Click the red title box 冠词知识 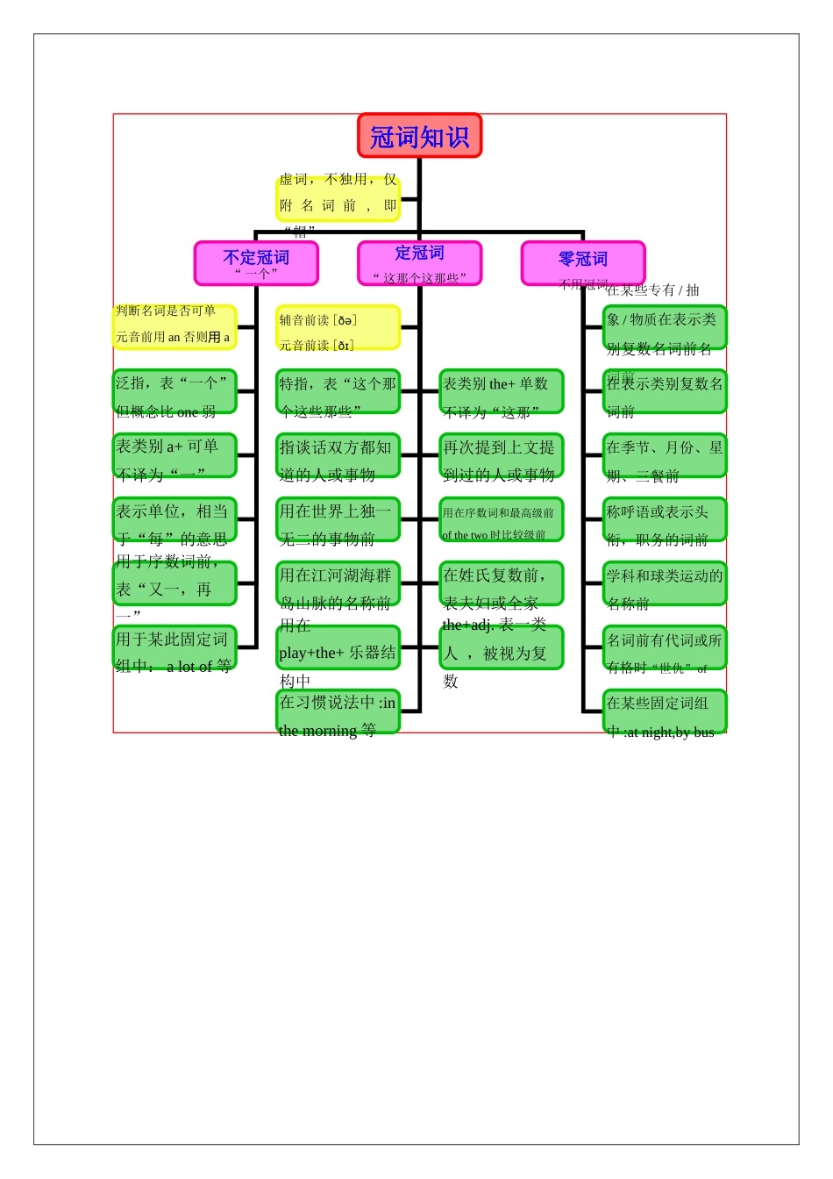click(x=419, y=136)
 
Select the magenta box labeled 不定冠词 click(x=256, y=263)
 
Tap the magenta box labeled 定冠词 click(x=419, y=263)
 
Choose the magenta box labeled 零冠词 click(x=583, y=263)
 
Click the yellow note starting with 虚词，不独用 click(x=338, y=198)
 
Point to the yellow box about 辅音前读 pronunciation click(x=338, y=327)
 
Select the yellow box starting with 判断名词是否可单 click(x=174, y=327)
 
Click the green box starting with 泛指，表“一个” click(x=174, y=391)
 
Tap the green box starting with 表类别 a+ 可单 click(x=174, y=455)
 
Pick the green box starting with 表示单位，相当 click(x=174, y=519)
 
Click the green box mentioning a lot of click(x=174, y=647)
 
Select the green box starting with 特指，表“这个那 click(x=338, y=391)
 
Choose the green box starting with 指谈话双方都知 click(x=338, y=455)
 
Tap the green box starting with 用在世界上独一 click(x=338, y=519)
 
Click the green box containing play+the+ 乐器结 click(x=338, y=647)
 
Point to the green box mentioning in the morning click(x=338, y=711)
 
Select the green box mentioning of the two click(x=501, y=519)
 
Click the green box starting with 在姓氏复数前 click(x=501, y=583)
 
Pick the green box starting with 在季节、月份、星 click(x=665, y=455)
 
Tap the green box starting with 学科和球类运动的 click(x=665, y=583)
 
